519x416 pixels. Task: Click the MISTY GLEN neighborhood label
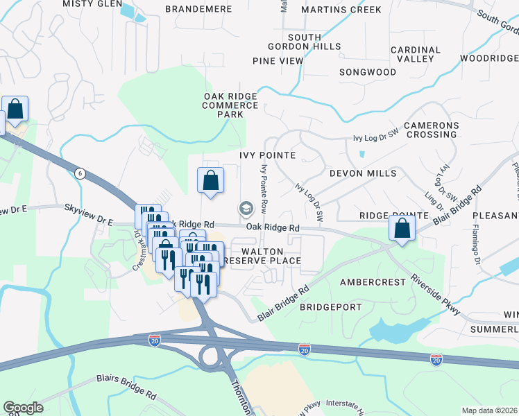pyautogui.click(x=89, y=3)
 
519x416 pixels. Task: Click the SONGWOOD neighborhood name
pyautogui.click(x=368, y=72)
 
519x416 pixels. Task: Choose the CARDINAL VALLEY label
pyautogui.click(x=416, y=55)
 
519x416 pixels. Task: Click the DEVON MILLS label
pyautogui.click(x=363, y=173)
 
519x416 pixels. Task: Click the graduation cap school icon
pyautogui.click(x=245, y=208)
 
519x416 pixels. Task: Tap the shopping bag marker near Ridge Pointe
pyautogui.click(x=402, y=227)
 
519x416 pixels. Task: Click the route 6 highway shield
pyautogui.click(x=80, y=173)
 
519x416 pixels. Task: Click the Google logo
pyautogui.click(x=23, y=408)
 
